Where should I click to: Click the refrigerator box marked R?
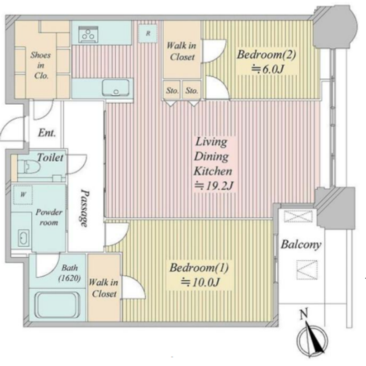click(148, 33)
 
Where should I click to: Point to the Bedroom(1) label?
click(199, 268)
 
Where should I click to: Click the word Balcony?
click(300, 245)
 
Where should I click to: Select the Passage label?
click(85, 208)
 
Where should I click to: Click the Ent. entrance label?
click(47, 133)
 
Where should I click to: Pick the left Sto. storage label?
click(172, 91)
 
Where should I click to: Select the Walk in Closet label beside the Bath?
click(104, 288)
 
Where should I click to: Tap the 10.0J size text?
click(199, 283)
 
